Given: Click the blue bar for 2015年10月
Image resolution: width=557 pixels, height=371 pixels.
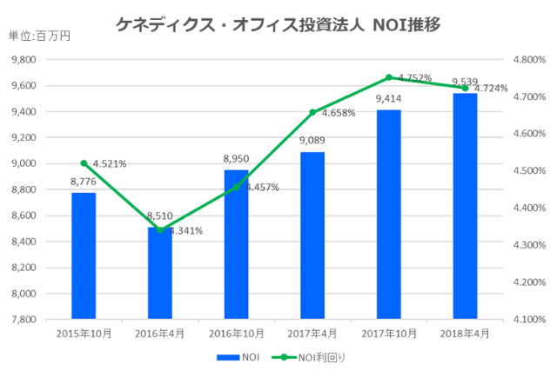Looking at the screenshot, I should tap(84, 255).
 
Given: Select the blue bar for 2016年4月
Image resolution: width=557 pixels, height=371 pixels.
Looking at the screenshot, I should tap(160, 273).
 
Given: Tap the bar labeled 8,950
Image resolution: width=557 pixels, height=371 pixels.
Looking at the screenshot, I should tap(236, 244).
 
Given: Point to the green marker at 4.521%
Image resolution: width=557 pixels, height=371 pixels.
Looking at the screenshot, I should tap(84, 163).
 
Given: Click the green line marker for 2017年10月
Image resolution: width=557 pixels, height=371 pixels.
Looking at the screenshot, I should tap(389, 77).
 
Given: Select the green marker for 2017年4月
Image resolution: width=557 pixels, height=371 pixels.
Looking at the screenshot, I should tap(312, 112).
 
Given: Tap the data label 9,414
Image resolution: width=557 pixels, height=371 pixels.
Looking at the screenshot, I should tap(388, 99).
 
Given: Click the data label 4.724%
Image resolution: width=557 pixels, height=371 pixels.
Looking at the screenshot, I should tap(489, 89).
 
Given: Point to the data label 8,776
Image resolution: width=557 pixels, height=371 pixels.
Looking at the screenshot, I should tap(84, 182).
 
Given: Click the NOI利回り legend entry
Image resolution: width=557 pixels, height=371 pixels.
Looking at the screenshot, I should tap(312, 356).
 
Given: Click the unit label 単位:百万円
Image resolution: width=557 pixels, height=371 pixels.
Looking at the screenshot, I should tap(38, 36).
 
